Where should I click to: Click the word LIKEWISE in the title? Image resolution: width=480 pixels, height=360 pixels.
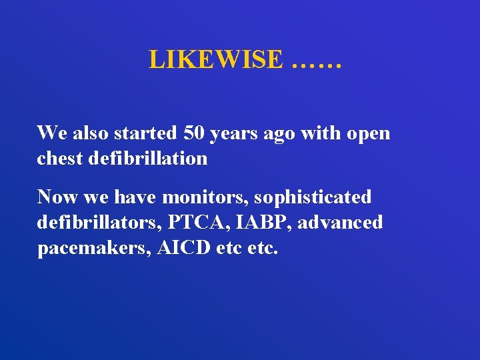(x=216, y=59)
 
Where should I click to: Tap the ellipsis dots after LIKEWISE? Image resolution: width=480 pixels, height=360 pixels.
(x=317, y=61)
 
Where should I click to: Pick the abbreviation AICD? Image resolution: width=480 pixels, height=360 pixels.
(x=179, y=248)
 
